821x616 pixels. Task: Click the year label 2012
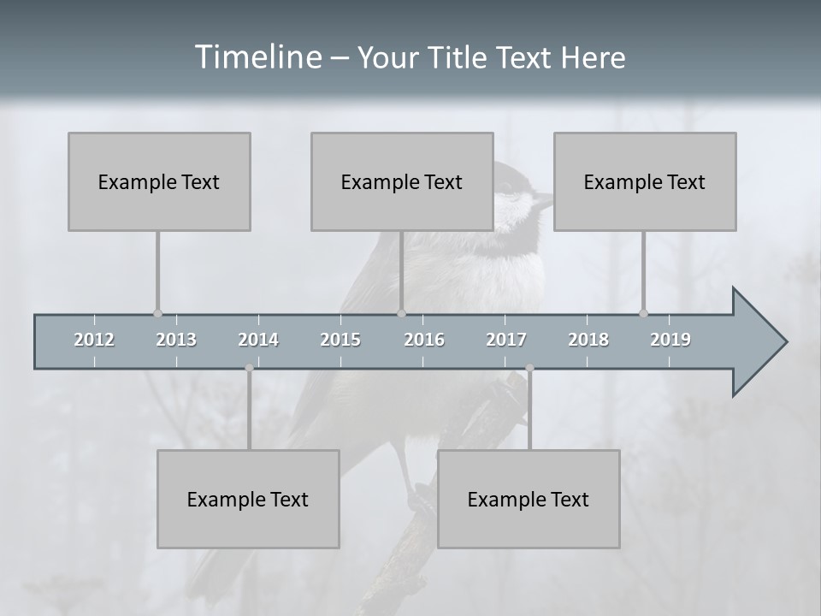(x=94, y=340)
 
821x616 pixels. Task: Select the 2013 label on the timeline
(x=176, y=340)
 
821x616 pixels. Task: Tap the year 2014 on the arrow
(x=258, y=340)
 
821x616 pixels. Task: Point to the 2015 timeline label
(x=340, y=340)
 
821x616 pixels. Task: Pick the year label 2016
(x=424, y=340)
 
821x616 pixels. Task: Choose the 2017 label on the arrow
(x=506, y=340)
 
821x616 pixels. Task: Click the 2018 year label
(x=588, y=340)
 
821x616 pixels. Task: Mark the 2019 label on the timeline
(x=670, y=340)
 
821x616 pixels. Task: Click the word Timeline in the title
(x=257, y=57)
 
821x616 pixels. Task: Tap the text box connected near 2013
(x=159, y=181)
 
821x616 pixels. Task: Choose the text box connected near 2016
(x=402, y=181)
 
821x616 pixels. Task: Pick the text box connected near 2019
(x=645, y=181)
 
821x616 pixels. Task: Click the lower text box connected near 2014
(x=248, y=499)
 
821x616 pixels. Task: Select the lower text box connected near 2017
(x=529, y=499)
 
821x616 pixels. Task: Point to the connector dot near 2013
(x=157, y=313)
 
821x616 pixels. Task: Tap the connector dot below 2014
(x=249, y=368)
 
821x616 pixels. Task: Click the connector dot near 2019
(x=644, y=313)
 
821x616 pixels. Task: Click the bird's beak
(x=544, y=202)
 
